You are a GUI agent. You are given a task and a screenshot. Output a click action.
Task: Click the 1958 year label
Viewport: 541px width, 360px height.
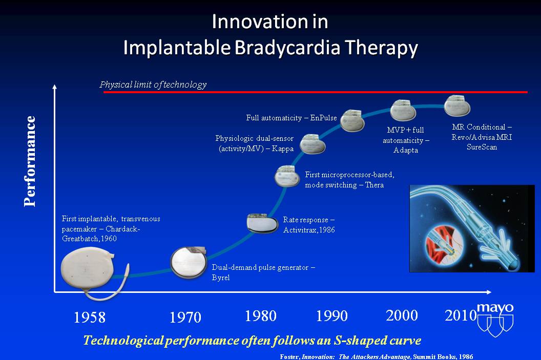coord(90,317)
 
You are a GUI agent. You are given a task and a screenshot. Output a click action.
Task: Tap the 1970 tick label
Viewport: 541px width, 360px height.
coord(185,317)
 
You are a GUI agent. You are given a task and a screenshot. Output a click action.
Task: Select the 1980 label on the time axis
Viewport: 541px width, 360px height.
coord(260,316)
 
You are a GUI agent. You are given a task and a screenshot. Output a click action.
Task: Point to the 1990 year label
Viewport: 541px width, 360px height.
coord(332,315)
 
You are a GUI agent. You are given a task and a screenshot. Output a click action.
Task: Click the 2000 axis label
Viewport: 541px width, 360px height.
coord(402,315)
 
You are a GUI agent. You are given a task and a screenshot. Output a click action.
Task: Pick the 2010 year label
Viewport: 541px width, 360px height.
coord(461,315)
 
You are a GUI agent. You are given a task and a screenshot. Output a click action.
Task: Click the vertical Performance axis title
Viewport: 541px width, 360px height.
coord(30,161)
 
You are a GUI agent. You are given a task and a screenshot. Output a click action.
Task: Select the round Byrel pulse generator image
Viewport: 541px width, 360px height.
coord(189,262)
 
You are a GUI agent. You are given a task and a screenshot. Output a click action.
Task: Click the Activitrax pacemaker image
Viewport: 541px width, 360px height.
coord(262,223)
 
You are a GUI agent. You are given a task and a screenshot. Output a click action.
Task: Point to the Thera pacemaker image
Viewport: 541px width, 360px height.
coord(287,176)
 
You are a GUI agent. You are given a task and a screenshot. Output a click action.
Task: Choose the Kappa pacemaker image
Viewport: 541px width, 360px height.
coord(312,144)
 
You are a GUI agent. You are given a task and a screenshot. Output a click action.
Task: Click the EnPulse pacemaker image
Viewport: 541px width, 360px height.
coord(352,121)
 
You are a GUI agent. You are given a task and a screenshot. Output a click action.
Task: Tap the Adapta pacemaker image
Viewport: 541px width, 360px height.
coord(403,110)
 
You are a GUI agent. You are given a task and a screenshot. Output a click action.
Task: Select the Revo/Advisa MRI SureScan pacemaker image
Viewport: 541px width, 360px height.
coord(457,106)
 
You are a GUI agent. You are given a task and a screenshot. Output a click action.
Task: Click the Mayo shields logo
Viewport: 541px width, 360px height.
coord(495,320)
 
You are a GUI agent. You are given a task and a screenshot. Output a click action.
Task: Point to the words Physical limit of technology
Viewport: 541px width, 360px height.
coord(153,84)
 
